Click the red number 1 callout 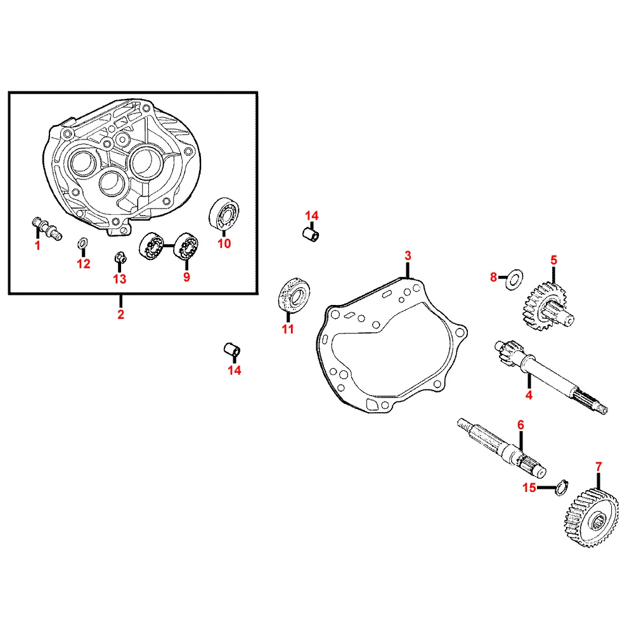[37, 245]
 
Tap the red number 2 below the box [120, 314]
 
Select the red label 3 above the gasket [408, 256]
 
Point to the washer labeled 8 [514, 278]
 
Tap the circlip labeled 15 [561, 487]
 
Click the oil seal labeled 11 [294, 294]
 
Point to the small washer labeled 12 [82, 244]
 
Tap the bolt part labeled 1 [46, 228]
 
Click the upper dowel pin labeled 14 [311, 234]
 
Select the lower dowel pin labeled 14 [232, 349]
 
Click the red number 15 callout [529, 488]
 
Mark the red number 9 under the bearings [186, 277]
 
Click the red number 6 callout [521, 425]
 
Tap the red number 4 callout [529, 395]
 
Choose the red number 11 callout [287, 329]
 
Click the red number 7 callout [598, 467]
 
